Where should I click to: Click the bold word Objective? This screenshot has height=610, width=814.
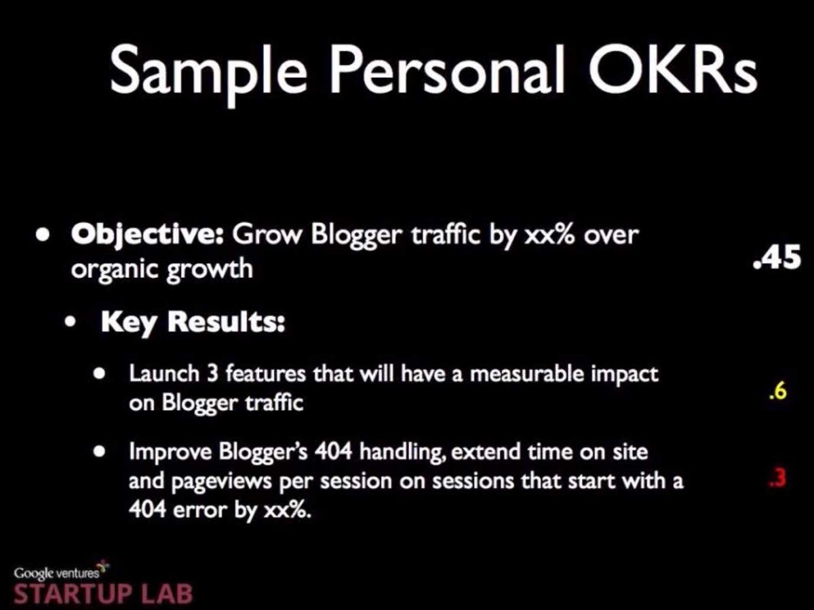tap(147, 237)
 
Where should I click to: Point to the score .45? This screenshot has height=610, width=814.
tap(777, 258)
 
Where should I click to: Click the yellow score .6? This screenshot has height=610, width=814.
tap(777, 391)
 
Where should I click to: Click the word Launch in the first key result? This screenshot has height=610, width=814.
tap(164, 373)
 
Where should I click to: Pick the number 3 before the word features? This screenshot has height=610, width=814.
tap(212, 373)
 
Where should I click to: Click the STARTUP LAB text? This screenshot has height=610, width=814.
tap(103, 594)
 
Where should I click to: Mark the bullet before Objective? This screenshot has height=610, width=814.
tap(43, 236)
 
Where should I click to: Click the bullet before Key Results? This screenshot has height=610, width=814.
tap(70, 322)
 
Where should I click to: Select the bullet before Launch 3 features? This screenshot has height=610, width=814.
tap(100, 373)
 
